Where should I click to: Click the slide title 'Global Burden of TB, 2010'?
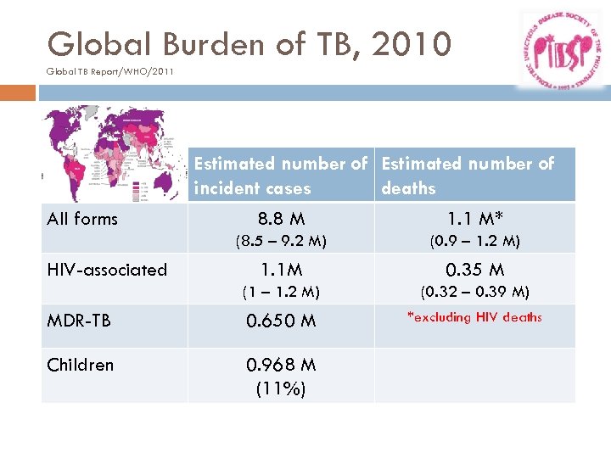[249, 43]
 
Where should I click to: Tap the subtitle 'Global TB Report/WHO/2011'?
[110, 71]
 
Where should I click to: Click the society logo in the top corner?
[562, 48]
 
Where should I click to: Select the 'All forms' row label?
[82, 219]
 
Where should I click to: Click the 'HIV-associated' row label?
[107, 271]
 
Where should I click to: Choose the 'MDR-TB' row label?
[79, 321]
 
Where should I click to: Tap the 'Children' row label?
[81, 365]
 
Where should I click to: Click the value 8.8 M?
[281, 219]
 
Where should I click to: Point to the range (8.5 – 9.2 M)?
[281, 241]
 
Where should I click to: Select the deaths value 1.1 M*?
[474, 219]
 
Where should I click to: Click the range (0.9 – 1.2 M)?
[474, 241]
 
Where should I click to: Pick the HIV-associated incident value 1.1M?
[281, 271]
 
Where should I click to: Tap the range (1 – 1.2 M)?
[281, 293]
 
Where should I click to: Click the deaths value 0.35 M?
[474, 271]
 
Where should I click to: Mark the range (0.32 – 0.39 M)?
[474, 293]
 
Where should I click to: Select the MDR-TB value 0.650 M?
[281, 321]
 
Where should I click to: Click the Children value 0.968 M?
[281, 366]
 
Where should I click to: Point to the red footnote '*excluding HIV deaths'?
[474, 317]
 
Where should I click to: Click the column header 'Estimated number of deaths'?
[467, 176]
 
